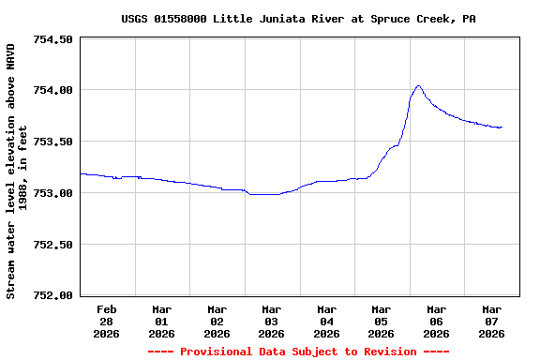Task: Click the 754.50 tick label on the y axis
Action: pyautogui.click(x=52, y=39)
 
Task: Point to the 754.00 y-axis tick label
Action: pyautogui.click(x=52, y=91)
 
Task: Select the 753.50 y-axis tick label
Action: pyautogui.click(x=52, y=142)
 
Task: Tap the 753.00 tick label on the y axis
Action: pyautogui.click(x=52, y=193)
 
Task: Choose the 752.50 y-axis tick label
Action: pyautogui.click(x=52, y=245)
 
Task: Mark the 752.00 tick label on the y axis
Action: pyautogui.click(x=52, y=295)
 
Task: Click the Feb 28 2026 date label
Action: pyautogui.click(x=107, y=321)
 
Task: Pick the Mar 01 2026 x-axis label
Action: pyautogui.click(x=161, y=321)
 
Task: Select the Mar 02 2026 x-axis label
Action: pyautogui.click(x=217, y=321)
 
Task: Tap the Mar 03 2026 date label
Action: pyautogui.click(x=271, y=321)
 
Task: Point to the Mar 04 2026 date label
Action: pyautogui.click(x=326, y=321)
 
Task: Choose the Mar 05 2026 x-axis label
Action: pyautogui.click(x=381, y=321)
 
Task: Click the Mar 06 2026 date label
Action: pyautogui.click(x=436, y=321)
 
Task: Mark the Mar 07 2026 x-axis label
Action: pyautogui.click(x=491, y=321)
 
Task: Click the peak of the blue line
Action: pyautogui.click(x=418, y=86)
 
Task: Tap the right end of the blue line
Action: pyautogui.click(x=502, y=127)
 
